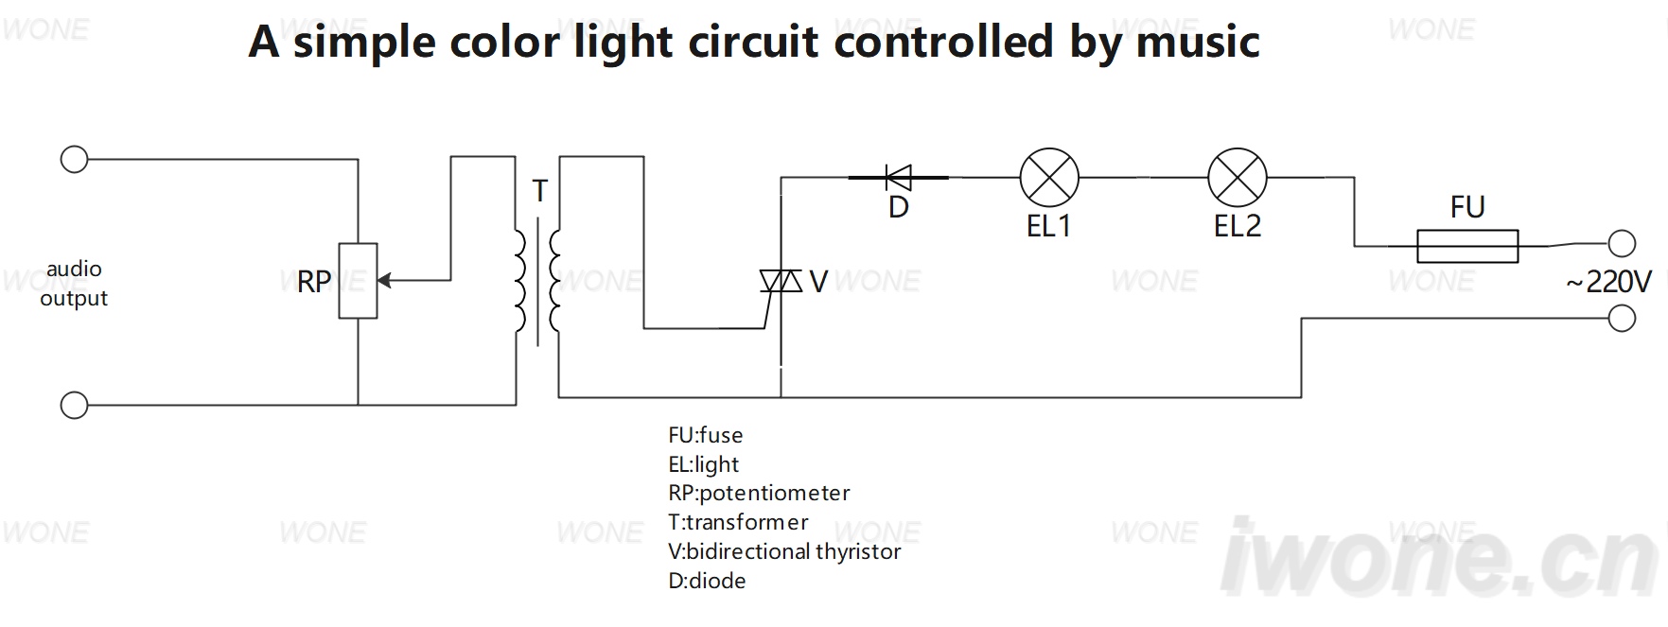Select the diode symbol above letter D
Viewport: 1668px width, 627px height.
click(x=898, y=177)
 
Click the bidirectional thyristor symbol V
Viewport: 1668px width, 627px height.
click(x=781, y=281)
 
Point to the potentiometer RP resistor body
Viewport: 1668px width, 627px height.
click(x=359, y=281)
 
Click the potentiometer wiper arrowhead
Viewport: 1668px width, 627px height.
click(x=384, y=281)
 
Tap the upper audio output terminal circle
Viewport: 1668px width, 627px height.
click(x=74, y=159)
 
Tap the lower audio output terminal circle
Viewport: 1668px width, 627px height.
click(x=74, y=405)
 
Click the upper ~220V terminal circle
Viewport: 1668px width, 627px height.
click(x=1622, y=244)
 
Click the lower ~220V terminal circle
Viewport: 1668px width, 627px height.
click(x=1622, y=319)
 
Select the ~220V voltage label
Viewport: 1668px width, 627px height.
click(x=1608, y=282)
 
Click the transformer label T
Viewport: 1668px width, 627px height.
click(x=540, y=191)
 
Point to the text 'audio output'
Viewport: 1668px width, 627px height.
click(x=74, y=284)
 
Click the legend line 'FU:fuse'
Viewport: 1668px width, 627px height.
click(x=706, y=435)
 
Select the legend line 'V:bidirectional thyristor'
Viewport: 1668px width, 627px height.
click(x=784, y=551)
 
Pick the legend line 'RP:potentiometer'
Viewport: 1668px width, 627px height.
click(x=759, y=493)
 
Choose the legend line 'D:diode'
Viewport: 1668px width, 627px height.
click(x=707, y=581)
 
